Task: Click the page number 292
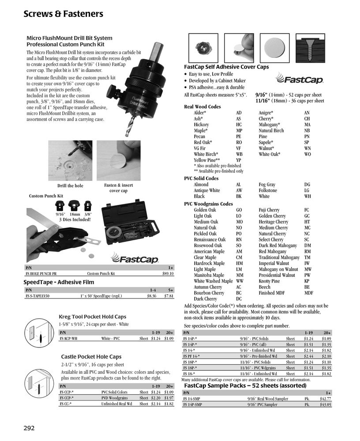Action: (x=29, y=428)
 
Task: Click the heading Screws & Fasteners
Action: (x=63, y=14)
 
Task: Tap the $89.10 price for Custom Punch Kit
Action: (x=168, y=274)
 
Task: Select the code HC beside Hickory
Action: (x=239, y=125)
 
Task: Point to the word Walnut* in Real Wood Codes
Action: (x=266, y=148)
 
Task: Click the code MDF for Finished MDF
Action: (x=308, y=293)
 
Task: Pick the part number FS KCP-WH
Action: (x=68, y=338)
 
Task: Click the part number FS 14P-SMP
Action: (x=192, y=404)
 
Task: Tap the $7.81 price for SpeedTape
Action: (x=169, y=296)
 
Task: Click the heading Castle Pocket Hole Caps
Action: (x=91, y=357)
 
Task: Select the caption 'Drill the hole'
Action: (x=70, y=186)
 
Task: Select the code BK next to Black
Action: (x=239, y=196)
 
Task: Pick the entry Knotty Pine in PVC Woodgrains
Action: (x=269, y=281)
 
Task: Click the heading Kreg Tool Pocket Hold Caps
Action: (x=92, y=317)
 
